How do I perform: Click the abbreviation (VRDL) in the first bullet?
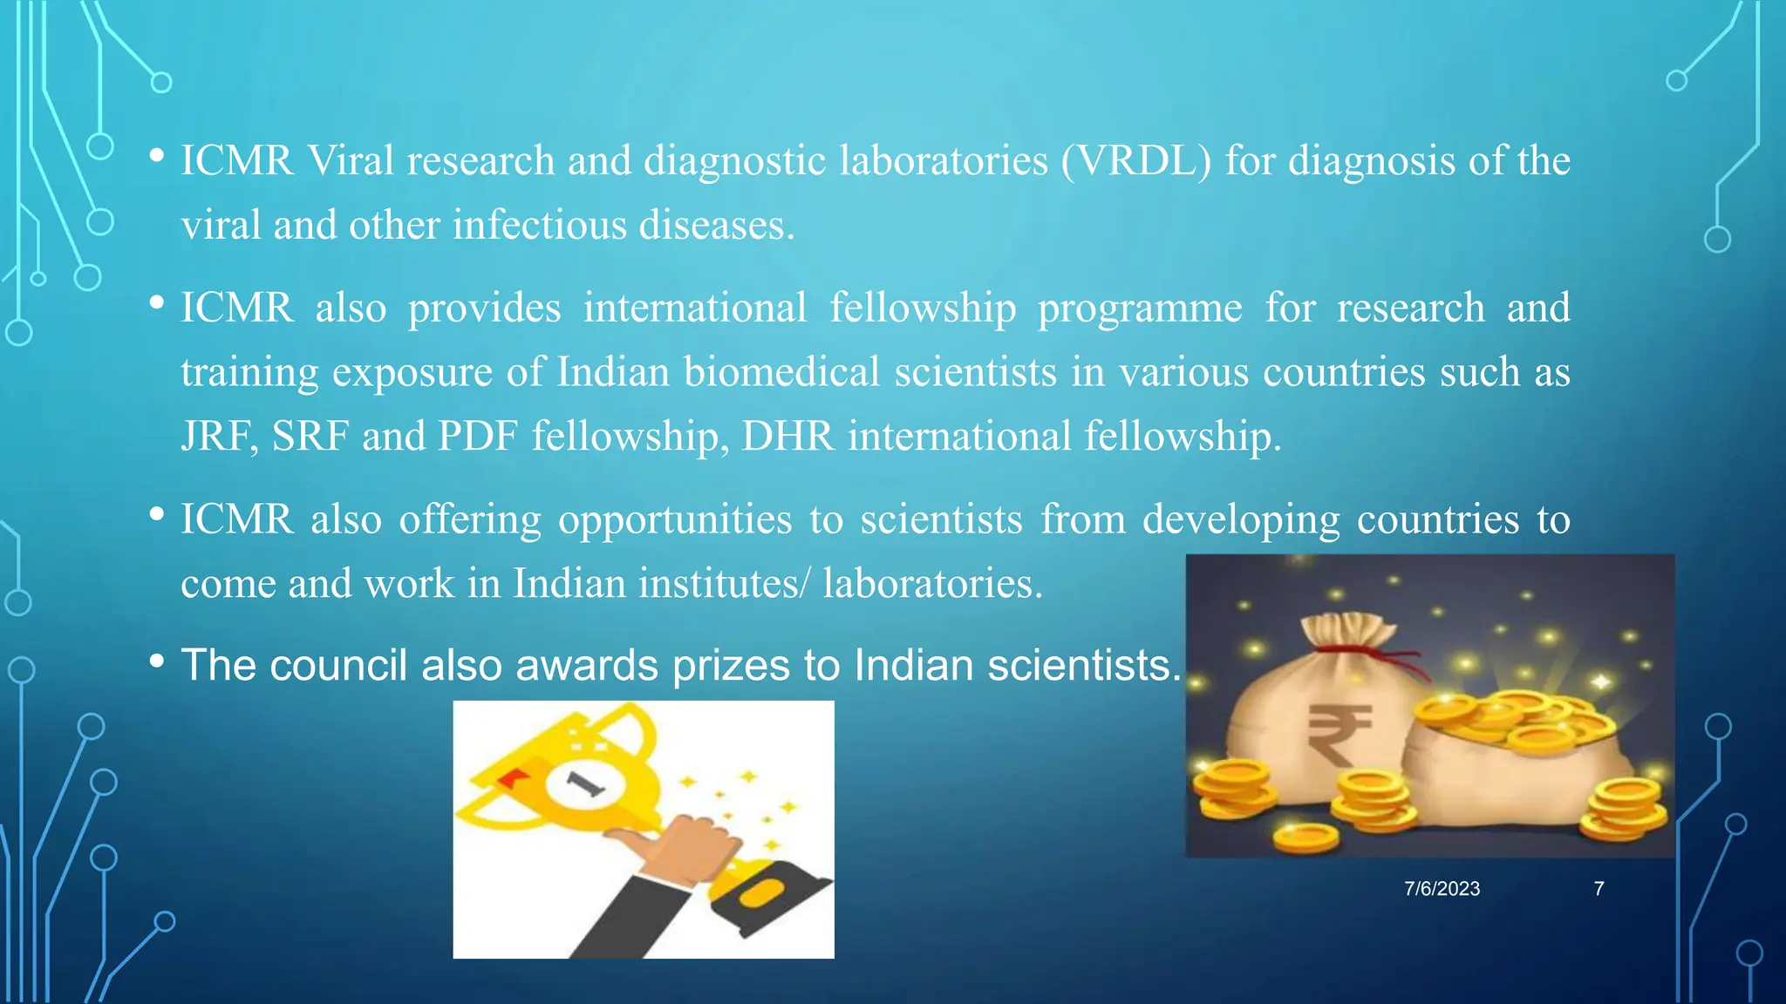1135,161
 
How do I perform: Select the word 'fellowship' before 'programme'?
923,309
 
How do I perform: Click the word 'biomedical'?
781,373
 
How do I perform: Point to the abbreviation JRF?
219,437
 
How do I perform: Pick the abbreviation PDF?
478,437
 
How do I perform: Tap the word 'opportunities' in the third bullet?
675,520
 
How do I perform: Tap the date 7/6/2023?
1442,889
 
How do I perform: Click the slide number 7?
1599,889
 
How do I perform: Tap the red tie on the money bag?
1387,658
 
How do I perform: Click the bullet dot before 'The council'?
157,662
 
